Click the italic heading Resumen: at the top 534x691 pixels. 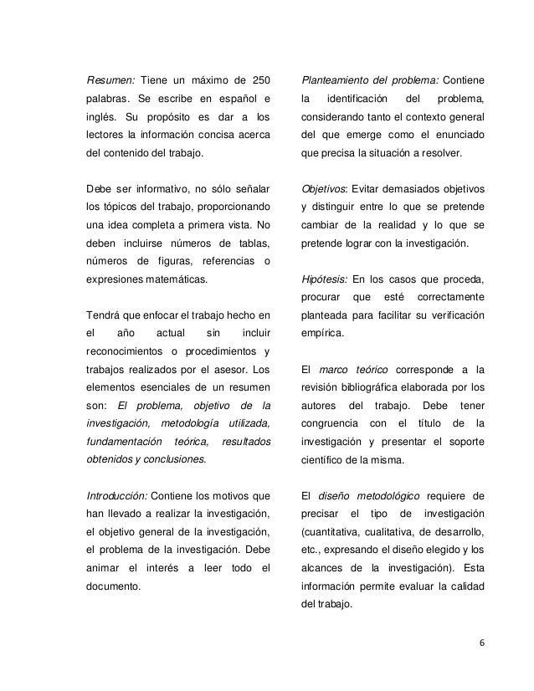[x=110, y=81]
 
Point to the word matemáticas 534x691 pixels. [x=172, y=281]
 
